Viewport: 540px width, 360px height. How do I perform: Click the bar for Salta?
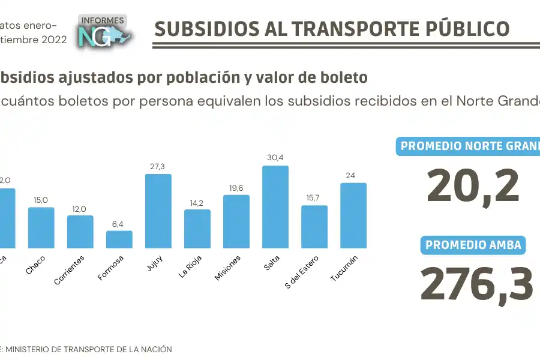point(275,207)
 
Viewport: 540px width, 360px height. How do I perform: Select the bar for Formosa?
point(119,239)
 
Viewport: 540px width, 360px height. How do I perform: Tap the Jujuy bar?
point(158,211)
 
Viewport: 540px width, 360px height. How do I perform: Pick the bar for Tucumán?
point(353,215)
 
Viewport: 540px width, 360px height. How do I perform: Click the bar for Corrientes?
point(80,232)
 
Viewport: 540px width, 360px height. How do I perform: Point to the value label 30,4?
point(275,158)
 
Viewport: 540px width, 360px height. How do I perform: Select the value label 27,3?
point(158,166)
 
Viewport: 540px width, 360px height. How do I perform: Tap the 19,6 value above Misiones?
point(236,187)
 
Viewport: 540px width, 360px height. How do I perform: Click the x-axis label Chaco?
point(36,265)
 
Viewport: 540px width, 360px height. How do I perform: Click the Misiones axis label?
point(229,268)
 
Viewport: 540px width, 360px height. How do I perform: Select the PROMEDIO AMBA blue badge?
point(473,245)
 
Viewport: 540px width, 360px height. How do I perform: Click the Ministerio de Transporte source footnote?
point(87,349)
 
